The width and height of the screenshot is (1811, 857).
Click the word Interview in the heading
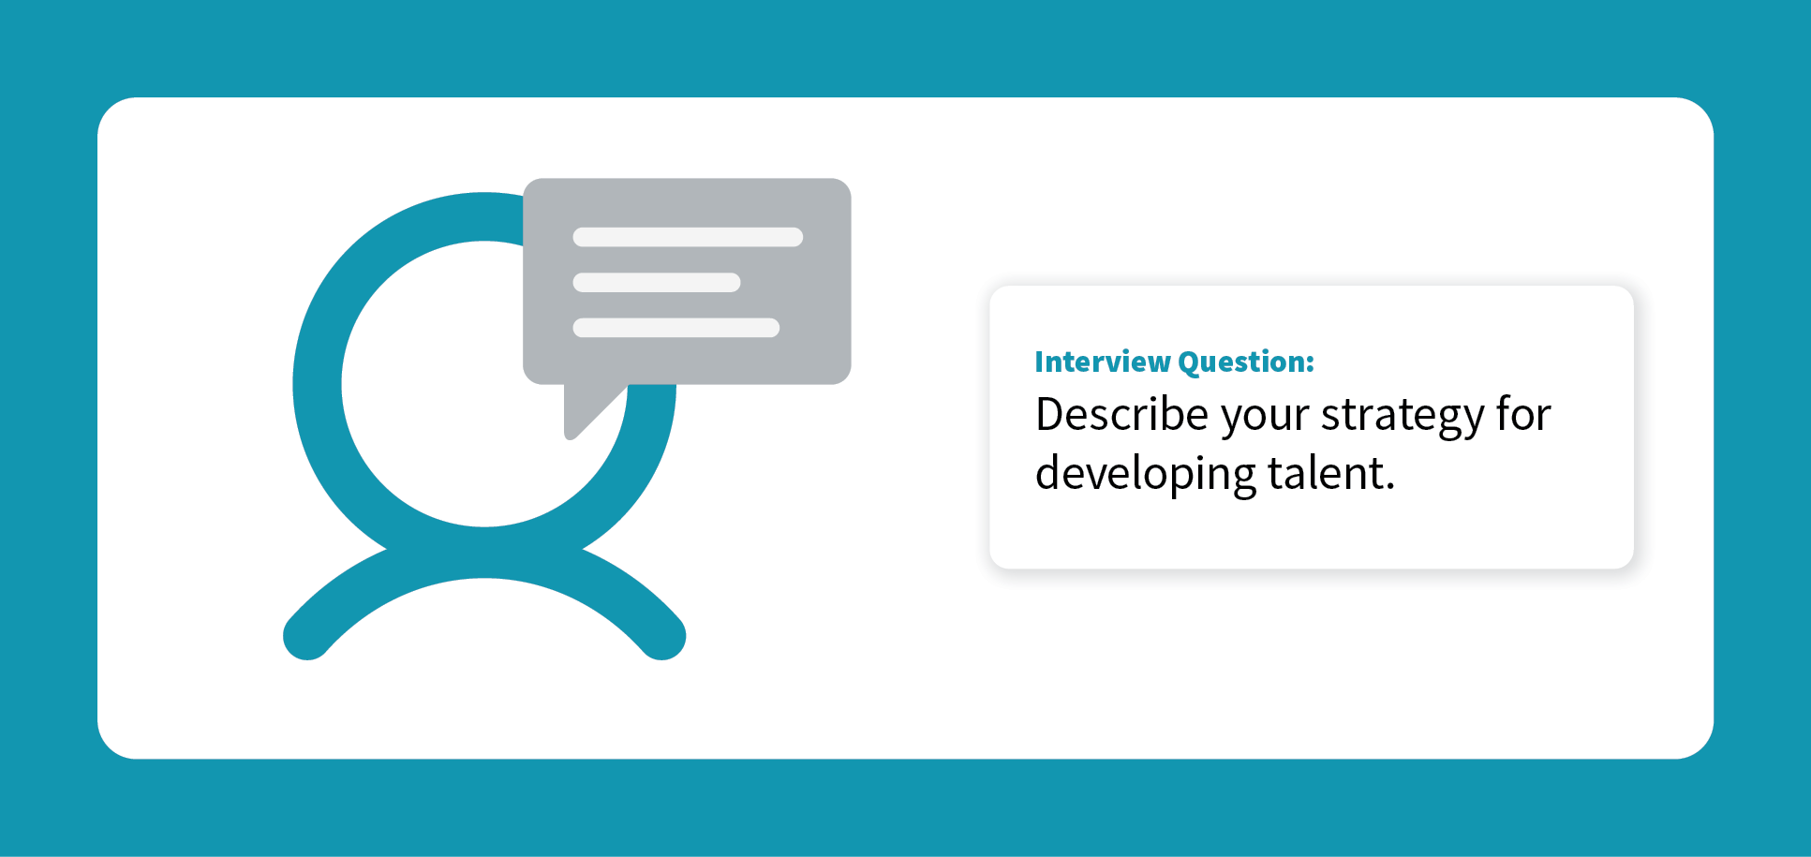tap(1103, 362)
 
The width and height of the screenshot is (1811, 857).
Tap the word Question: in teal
tap(1246, 362)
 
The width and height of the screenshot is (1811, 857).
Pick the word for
tap(1523, 413)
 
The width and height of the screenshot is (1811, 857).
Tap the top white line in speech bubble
tap(688, 237)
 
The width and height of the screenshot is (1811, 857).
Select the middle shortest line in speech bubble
tap(657, 283)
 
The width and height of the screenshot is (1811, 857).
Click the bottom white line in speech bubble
tap(676, 328)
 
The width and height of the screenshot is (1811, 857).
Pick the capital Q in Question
tap(1190, 363)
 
